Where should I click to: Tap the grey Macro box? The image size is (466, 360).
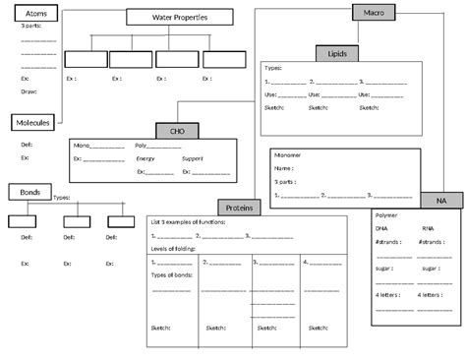375,11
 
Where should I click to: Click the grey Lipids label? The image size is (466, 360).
336,53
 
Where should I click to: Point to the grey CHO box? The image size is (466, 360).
177,130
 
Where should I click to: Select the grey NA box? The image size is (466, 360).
441,200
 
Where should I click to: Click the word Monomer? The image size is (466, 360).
288,155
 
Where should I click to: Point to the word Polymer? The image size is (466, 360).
387,213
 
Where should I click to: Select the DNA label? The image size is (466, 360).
381,227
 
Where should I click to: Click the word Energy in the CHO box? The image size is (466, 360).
146,157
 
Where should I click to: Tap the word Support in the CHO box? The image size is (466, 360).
193,157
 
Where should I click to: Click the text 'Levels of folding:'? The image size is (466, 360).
171,247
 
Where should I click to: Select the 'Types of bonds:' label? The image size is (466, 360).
172,274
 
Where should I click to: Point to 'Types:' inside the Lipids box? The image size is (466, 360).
273,68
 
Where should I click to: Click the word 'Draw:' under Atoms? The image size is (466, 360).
28,91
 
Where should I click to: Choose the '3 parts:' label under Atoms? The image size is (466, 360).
30,27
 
